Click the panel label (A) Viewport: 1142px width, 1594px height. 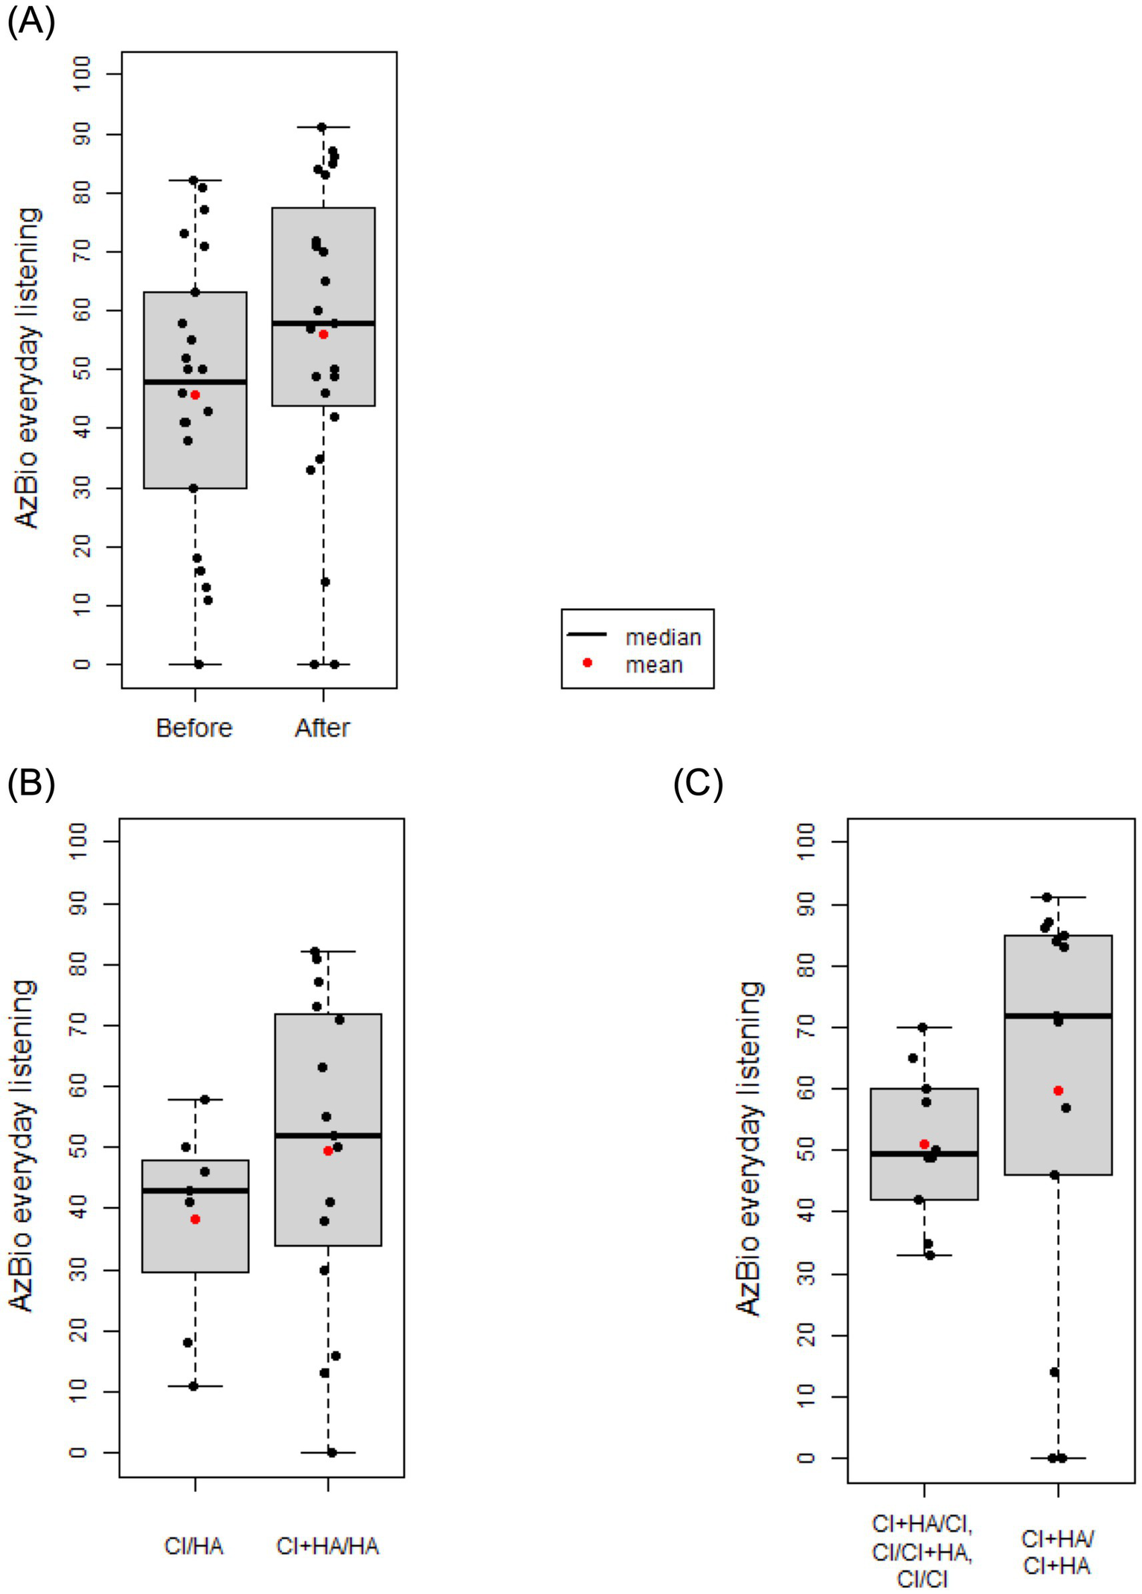click(x=31, y=22)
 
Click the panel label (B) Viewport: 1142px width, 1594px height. click(x=31, y=785)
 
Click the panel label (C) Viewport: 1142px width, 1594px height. click(x=698, y=785)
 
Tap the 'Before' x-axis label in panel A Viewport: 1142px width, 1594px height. click(x=194, y=728)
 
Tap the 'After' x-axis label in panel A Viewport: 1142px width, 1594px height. click(x=322, y=728)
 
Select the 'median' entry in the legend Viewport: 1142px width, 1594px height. click(x=663, y=638)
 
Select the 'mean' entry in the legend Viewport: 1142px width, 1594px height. click(x=654, y=665)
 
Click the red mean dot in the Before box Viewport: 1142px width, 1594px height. click(x=196, y=395)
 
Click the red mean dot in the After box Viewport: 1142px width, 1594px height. click(x=324, y=335)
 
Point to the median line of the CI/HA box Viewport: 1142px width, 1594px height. click(x=195, y=1191)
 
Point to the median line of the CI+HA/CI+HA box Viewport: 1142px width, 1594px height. click(x=1058, y=1016)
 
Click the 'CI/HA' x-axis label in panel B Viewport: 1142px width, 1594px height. click(x=193, y=1546)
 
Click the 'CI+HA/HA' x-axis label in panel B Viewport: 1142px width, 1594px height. click(x=327, y=1546)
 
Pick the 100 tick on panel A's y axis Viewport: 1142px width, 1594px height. click(x=82, y=74)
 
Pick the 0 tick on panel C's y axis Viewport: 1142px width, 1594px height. click(x=806, y=1458)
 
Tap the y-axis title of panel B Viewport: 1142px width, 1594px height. click(x=22, y=1146)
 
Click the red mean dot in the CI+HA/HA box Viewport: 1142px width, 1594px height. click(x=328, y=1151)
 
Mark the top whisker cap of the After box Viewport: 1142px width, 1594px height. click(x=323, y=127)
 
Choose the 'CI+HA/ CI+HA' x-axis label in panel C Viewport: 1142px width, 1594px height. click(x=1057, y=1553)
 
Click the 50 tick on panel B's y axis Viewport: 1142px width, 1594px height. click(x=79, y=1148)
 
